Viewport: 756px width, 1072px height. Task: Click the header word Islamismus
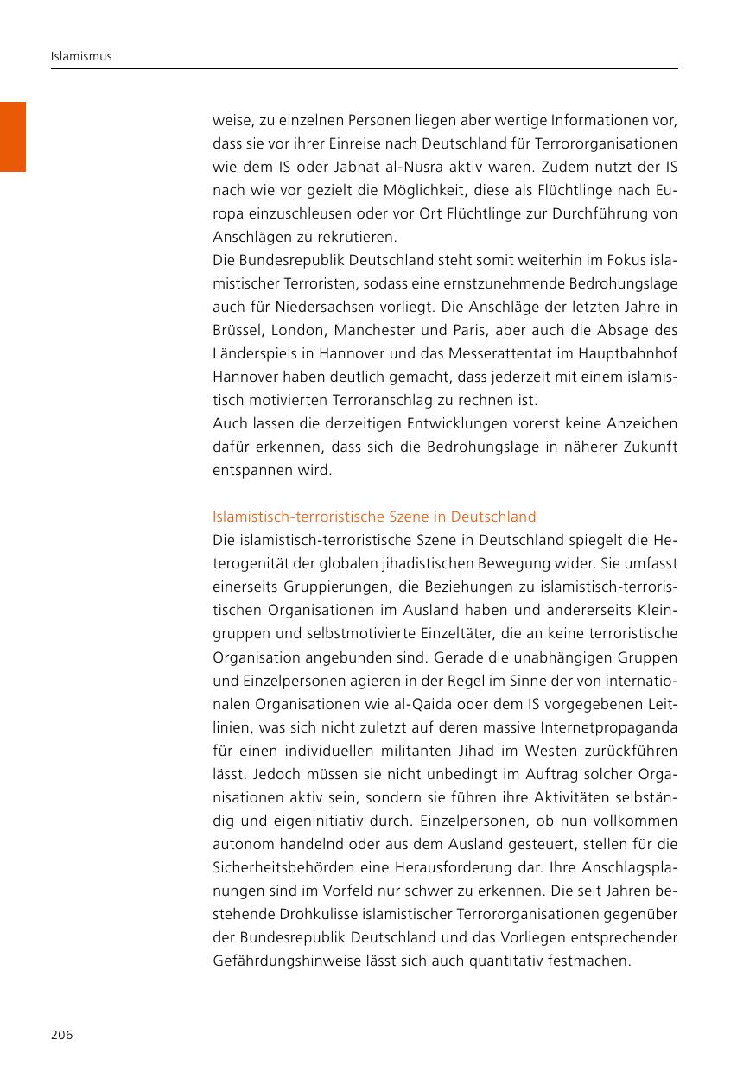(x=81, y=57)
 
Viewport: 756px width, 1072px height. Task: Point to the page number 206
(x=61, y=1035)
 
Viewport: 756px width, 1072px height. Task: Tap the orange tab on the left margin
(x=13, y=136)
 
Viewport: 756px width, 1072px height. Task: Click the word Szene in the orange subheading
(x=404, y=517)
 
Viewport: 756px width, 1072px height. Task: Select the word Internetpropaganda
(x=604, y=727)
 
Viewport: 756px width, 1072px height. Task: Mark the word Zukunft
(x=648, y=447)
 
